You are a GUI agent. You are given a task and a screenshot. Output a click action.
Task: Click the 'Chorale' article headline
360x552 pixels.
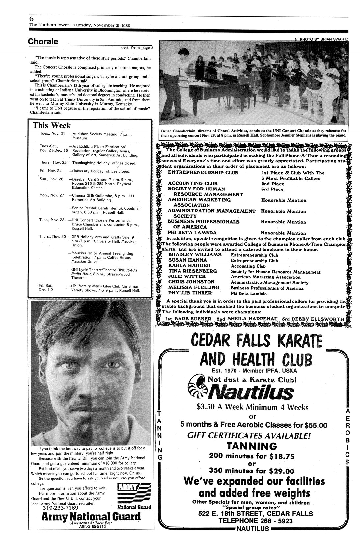[43, 42]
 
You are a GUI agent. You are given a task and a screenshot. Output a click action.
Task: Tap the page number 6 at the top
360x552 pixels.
[31, 19]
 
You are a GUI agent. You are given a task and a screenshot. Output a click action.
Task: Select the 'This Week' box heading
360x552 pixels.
[52, 125]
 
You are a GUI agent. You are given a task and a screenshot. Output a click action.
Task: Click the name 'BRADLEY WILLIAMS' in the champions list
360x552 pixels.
[195, 255]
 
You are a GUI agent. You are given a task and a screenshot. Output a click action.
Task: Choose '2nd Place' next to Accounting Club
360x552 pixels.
[272, 184]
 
